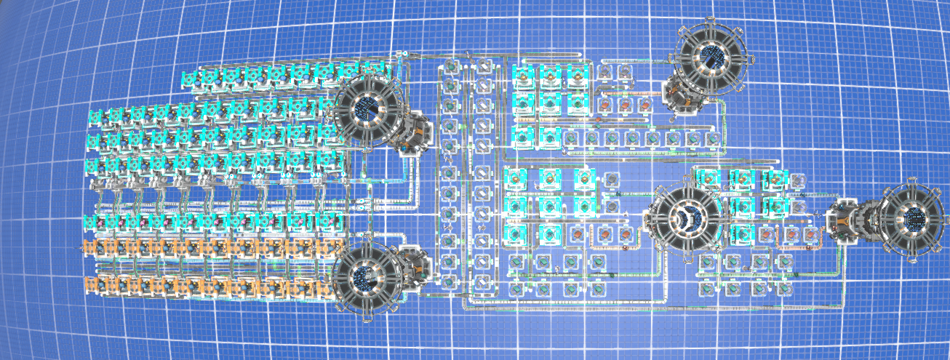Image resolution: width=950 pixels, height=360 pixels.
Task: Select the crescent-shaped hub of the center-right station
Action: click(686, 216)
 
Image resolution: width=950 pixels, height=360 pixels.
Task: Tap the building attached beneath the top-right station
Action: click(680, 95)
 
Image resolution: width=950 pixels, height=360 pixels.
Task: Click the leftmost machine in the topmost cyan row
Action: click(188, 76)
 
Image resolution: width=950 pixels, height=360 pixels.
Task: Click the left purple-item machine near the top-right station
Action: click(605, 71)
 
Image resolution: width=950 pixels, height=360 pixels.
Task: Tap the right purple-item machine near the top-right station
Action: click(625, 71)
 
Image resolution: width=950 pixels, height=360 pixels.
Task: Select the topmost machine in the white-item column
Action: click(482, 69)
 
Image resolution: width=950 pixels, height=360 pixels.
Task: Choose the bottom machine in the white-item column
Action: click(482, 281)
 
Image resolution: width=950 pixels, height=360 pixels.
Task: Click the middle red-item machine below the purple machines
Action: click(625, 105)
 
